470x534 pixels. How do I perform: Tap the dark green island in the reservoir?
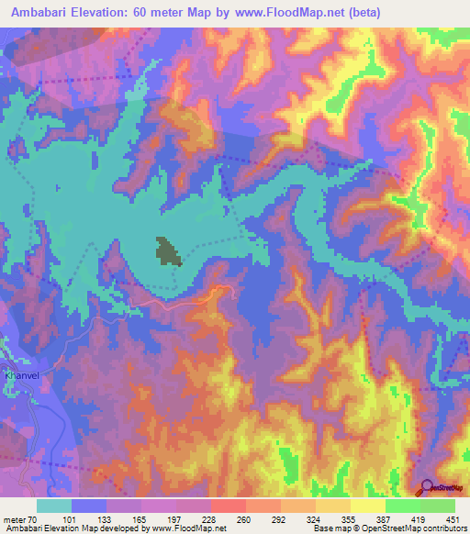point(167,250)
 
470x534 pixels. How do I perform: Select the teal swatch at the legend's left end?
point(54,506)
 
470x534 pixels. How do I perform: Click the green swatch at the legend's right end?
point(438,506)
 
